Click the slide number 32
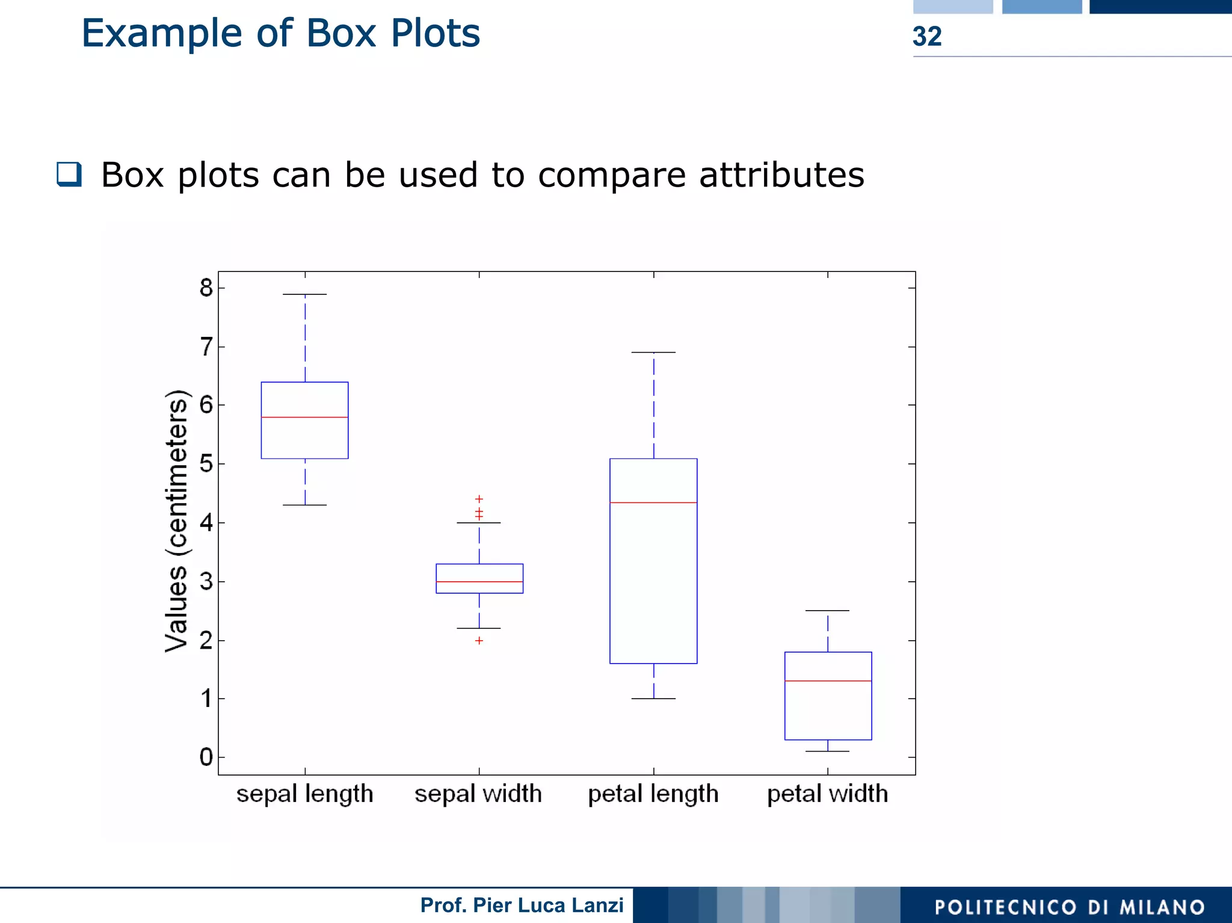[926, 37]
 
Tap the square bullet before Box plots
[69, 174]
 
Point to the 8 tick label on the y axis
[206, 288]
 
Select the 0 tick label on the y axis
[206, 757]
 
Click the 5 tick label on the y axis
[206, 464]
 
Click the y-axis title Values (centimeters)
[176, 521]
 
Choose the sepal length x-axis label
[304, 794]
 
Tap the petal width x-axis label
[827, 794]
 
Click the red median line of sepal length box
[304, 417]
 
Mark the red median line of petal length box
[653, 502]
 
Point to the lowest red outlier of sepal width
[479, 641]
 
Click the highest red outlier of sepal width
[479, 499]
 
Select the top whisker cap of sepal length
[304, 294]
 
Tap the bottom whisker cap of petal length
[653, 699]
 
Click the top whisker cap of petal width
[827, 611]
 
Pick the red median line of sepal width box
[479, 582]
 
